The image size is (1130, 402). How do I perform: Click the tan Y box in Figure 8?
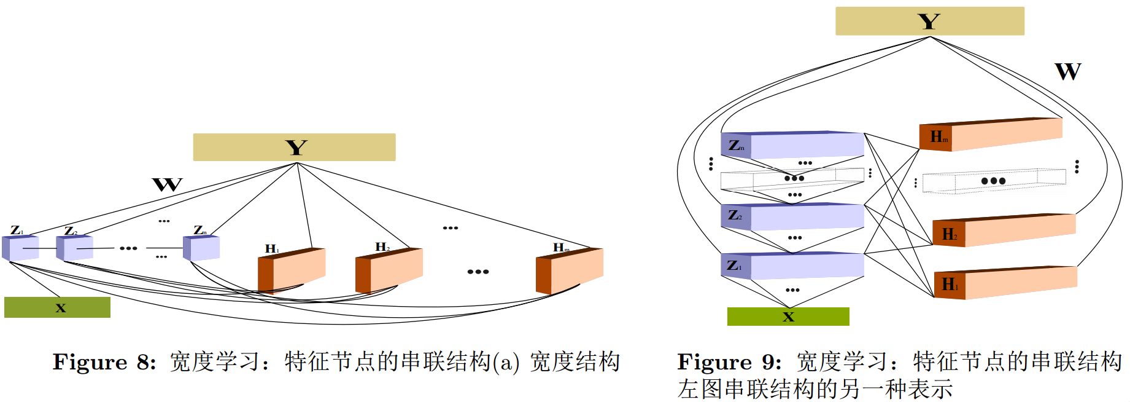(x=294, y=148)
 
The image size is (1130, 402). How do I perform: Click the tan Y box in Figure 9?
(x=929, y=22)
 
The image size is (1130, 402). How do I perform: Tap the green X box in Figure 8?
(x=57, y=307)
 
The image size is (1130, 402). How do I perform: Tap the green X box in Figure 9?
(x=788, y=317)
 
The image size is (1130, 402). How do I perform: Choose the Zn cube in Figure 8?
(x=201, y=247)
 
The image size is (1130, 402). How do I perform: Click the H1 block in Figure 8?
(x=292, y=270)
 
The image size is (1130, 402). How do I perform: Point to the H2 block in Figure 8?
(x=389, y=270)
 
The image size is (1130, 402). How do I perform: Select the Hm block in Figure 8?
(x=570, y=271)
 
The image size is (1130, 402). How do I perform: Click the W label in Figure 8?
(x=167, y=184)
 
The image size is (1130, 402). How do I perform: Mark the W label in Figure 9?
(x=1068, y=72)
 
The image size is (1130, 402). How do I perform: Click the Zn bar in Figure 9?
(x=792, y=146)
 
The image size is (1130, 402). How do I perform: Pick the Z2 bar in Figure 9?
(x=792, y=217)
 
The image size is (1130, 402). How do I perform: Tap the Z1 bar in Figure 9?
(x=792, y=266)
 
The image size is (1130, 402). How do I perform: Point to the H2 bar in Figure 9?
(x=1004, y=231)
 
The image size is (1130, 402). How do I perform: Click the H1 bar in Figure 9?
(x=1005, y=283)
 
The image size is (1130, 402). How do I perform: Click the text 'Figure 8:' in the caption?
(x=104, y=362)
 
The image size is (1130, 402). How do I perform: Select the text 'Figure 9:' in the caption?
(x=729, y=362)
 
